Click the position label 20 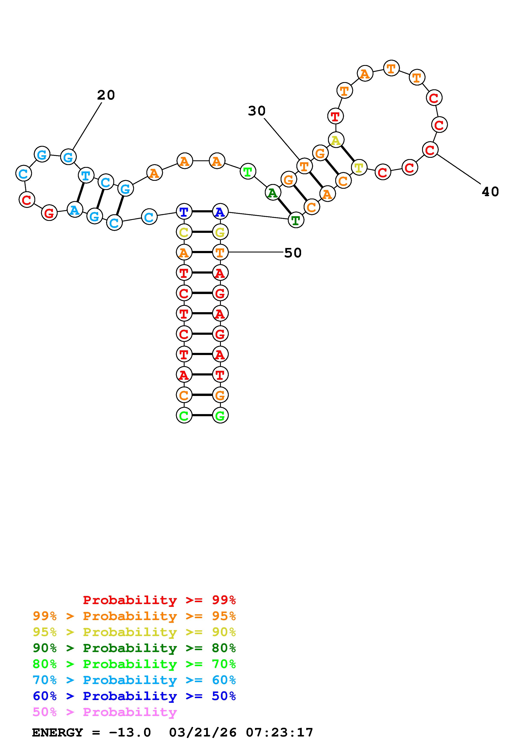click(x=106, y=95)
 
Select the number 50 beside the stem click(x=293, y=253)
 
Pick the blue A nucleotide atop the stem click(x=220, y=212)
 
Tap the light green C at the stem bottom click(x=184, y=415)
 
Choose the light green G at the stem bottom click(x=220, y=415)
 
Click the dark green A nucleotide click(x=273, y=193)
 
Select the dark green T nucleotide click(x=296, y=220)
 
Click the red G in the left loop click(x=49, y=213)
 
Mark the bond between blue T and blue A click(x=202, y=212)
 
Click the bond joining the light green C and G click(x=202, y=415)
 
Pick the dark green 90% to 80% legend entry click(x=134, y=648)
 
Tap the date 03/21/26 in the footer click(x=203, y=733)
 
